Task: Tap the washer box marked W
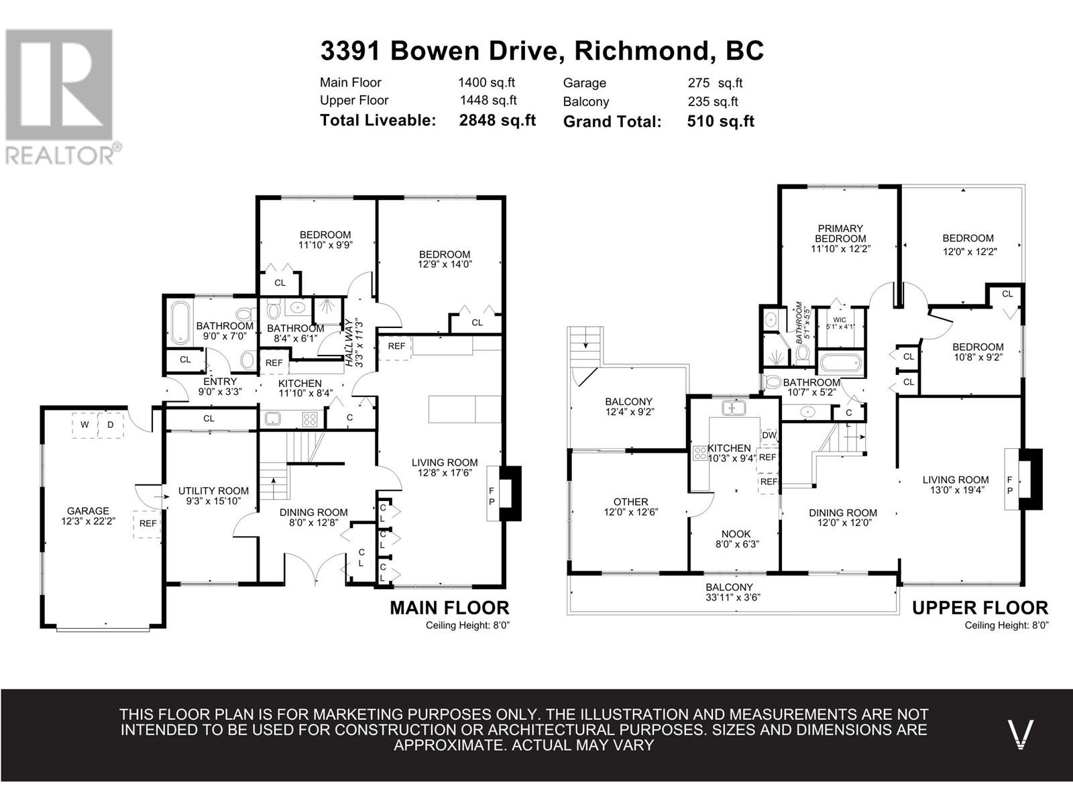pos(84,425)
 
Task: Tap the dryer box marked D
pos(111,425)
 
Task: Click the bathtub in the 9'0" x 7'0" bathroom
pos(180,323)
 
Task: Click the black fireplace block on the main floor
pos(510,493)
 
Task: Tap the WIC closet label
pos(840,320)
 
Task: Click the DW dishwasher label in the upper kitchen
pos(769,435)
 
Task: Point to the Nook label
pos(736,534)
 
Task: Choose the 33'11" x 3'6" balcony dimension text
pos(733,597)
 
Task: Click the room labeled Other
pos(630,502)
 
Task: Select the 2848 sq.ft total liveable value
pos(497,120)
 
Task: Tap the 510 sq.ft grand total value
pos(720,121)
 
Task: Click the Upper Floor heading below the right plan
pos(980,608)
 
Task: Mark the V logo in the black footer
pos(1021,734)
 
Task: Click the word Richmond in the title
pos(641,51)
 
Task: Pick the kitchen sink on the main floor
pos(272,419)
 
